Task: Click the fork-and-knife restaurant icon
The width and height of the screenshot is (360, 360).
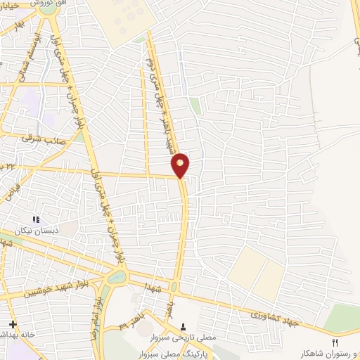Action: (335, 342)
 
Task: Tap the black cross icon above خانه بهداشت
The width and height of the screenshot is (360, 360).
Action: (13, 323)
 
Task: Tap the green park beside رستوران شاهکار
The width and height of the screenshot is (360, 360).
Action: (342, 320)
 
